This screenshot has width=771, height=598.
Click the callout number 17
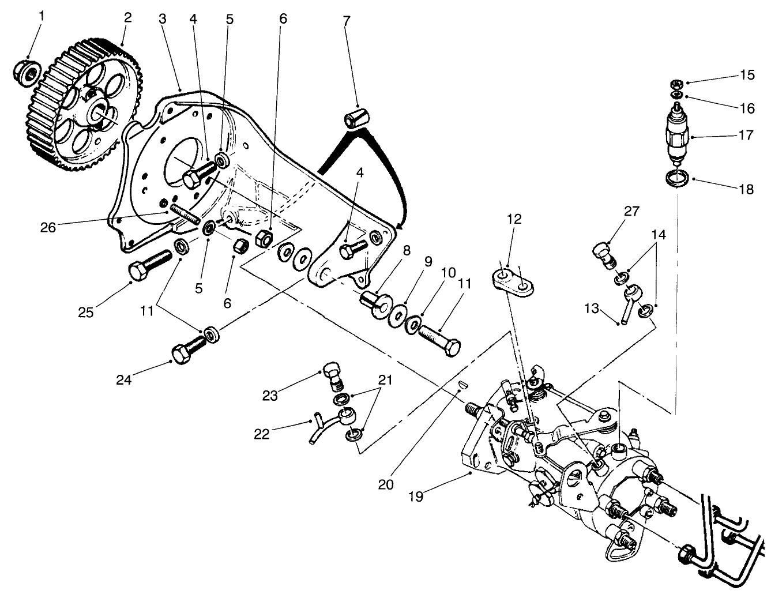746,136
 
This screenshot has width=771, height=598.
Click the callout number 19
416,496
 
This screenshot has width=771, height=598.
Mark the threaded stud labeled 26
184,216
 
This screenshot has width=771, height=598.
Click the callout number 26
48,227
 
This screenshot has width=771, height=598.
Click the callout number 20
386,484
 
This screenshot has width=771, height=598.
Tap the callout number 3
163,18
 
